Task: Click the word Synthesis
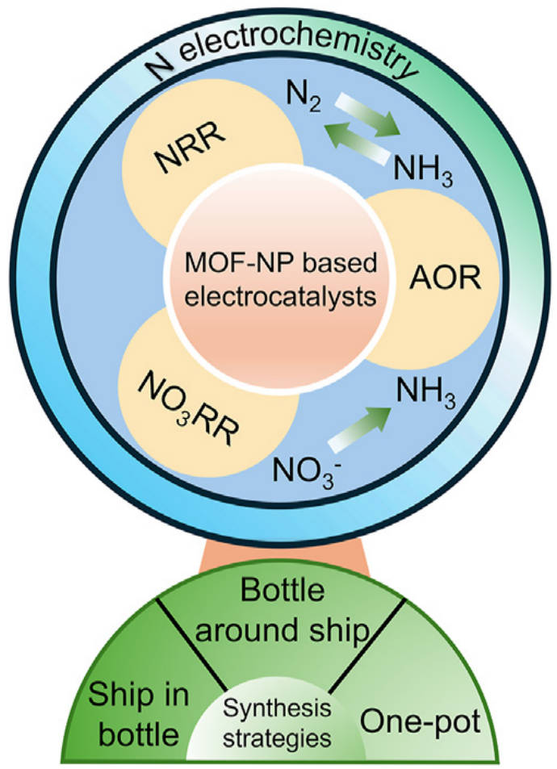tap(275, 710)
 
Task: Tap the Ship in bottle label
tap(134, 710)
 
